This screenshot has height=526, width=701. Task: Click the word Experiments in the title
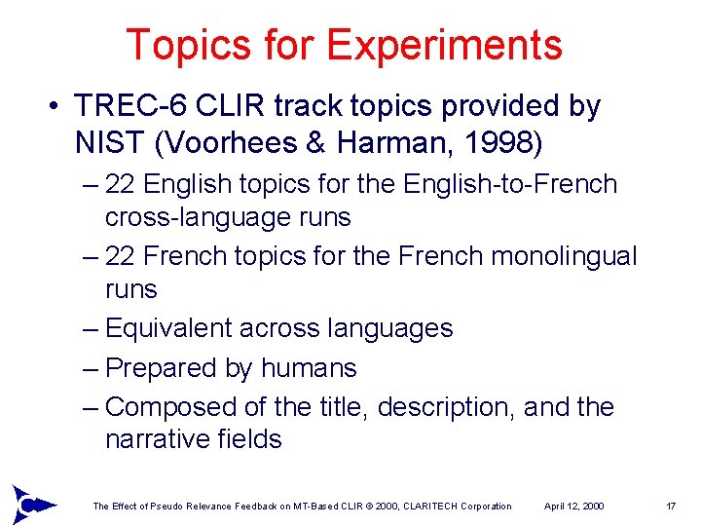click(444, 46)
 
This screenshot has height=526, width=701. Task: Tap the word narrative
click(152, 439)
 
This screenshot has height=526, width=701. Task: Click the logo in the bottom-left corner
click(30, 504)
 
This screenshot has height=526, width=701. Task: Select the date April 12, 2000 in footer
click(573, 507)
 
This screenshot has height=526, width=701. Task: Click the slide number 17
click(670, 507)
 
